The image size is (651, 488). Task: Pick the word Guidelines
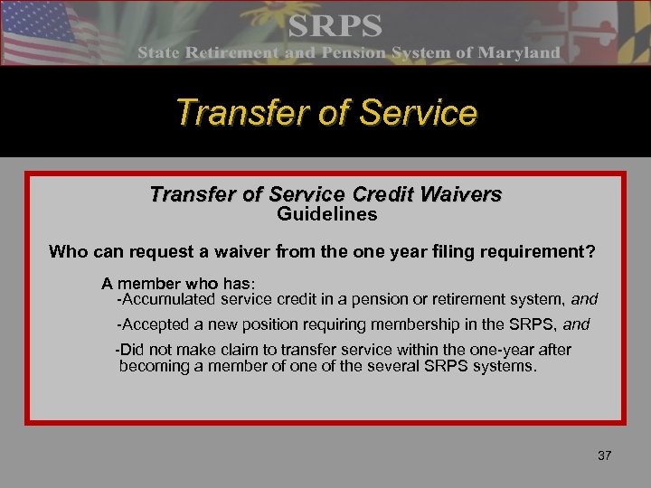[326, 215]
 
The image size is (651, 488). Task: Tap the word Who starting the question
[68, 252]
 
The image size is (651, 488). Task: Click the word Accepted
[156, 324]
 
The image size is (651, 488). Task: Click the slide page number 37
[605, 455]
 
